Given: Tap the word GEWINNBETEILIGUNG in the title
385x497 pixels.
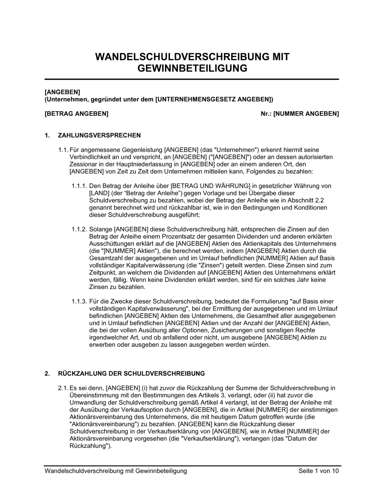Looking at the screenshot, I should click(192, 68).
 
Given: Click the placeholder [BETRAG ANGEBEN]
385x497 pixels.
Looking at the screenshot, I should click(77, 114).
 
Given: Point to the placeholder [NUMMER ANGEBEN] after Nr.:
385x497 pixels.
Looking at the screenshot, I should click(306, 114).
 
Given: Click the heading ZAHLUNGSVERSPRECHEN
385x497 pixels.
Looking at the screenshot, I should click(99, 135).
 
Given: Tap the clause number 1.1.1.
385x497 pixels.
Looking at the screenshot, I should click(79, 186).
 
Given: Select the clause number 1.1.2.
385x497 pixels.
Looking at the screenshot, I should click(79, 229).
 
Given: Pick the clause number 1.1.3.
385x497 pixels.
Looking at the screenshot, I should click(79, 301).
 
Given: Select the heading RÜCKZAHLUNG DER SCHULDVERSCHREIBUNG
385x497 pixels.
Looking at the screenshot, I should click(131, 373).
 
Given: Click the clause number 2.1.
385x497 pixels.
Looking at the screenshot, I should click(63, 388).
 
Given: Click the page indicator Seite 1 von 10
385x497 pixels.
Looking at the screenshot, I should click(318, 471).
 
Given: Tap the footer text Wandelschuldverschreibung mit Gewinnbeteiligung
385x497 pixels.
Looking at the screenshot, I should click(115, 471).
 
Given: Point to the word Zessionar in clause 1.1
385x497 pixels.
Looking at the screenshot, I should click(83, 164).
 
